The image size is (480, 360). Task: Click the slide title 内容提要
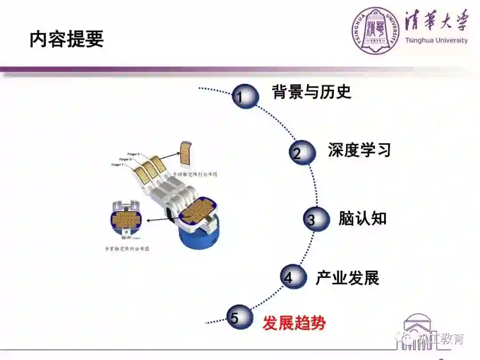coord(67,40)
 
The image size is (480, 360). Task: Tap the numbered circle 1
coord(244,96)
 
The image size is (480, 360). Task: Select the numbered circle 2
coord(302,153)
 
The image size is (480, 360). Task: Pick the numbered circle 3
coord(316,219)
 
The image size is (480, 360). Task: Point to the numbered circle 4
coord(293,277)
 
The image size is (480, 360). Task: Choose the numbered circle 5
coord(239,317)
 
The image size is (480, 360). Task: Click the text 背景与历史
coord(312,92)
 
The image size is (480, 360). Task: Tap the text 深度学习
coord(359,150)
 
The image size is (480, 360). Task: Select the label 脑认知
coord(362,218)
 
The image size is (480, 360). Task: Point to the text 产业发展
coord(347,278)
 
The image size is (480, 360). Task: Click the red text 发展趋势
coord(294,323)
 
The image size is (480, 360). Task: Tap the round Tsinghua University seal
coord(376,30)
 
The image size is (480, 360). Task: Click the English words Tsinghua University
coord(436,40)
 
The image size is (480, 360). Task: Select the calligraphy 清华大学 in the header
coord(436,21)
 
